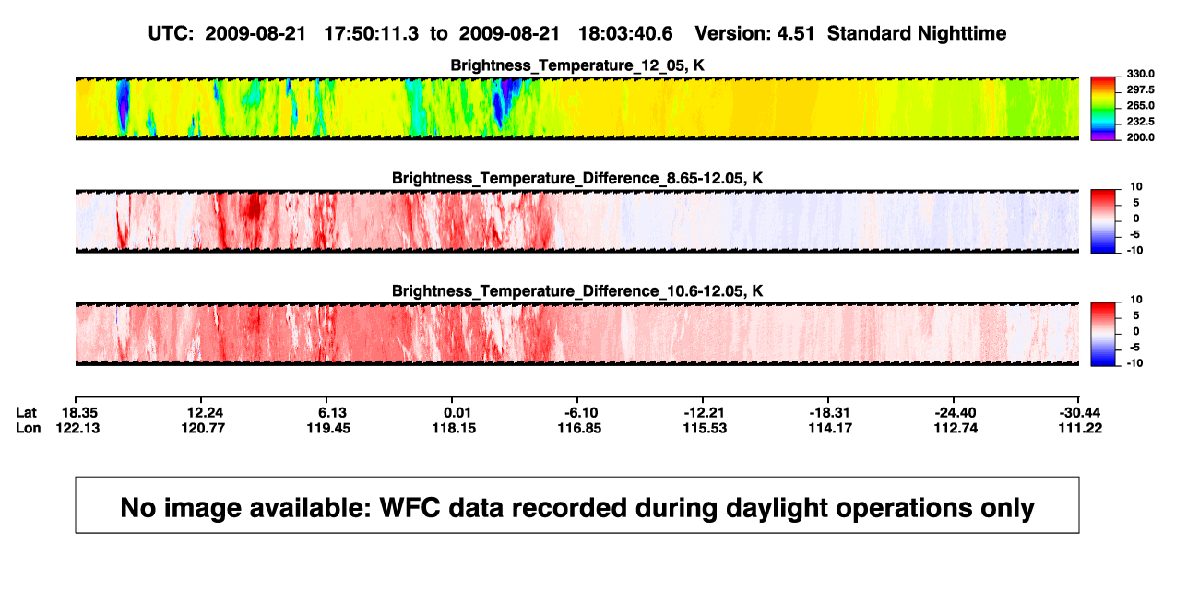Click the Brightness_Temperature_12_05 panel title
pyautogui.click(x=577, y=65)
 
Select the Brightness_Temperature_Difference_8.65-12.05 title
pyautogui.click(x=577, y=178)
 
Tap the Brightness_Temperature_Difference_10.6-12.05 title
pyautogui.click(x=577, y=291)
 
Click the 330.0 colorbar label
pyautogui.click(x=1140, y=74)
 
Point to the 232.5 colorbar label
pyautogui.click(x=1140, y=122)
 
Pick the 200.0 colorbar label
pyautogui.click(x=1140, y=137)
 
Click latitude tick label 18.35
pyautogui.click(x=79, y=413)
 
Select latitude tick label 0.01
pyautogui.click(x=457, y=413)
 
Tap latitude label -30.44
pyautogui.click(x=1080, y=413)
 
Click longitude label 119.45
pyautogui.click(x=328, y=428)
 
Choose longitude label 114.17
pyautogui.click(x=830, y=428)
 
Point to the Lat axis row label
pyautogui.click(x=26, y=413)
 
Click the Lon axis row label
pyautogui.click(x=28, y=428)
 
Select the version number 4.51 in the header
pyautogui.click(x=795, y=34)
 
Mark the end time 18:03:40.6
pyautogui.click(x=625, y=34)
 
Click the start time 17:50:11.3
pyautogui.click(x=372, y=34)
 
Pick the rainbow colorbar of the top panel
pyautogui.click(x=1103, y=109)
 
